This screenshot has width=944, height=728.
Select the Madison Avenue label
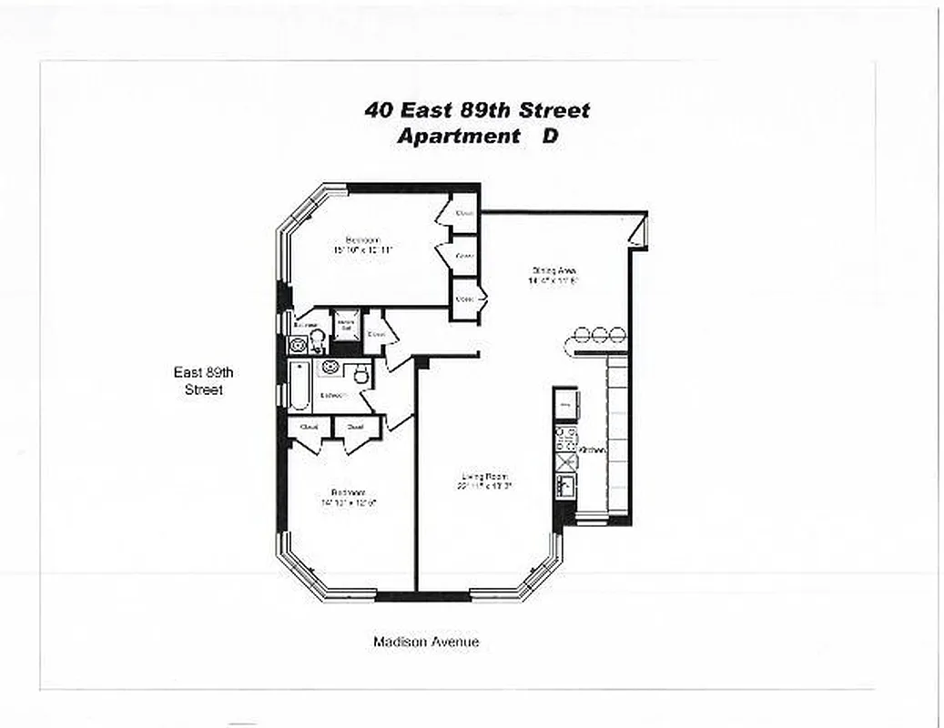pos(426,642)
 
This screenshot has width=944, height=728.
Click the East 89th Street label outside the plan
pos(198,380)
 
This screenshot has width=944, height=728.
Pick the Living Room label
pos(483,476)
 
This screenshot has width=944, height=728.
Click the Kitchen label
pos(593,450)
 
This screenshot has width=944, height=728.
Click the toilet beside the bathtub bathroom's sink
pos(360,373)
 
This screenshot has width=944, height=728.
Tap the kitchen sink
pos(565,486)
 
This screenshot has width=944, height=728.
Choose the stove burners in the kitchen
pos(564,438)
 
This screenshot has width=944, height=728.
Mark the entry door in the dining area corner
pos(638,232)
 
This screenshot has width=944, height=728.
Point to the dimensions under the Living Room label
pos(483,486)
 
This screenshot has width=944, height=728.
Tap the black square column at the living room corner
pos(421,362)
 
